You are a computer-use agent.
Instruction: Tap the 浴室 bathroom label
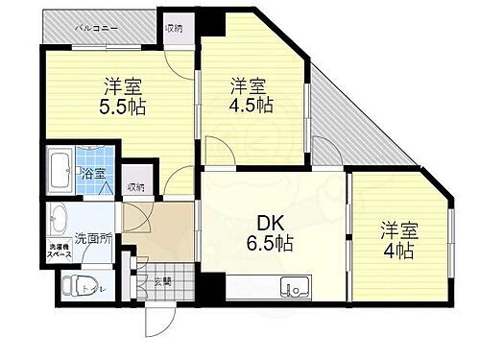pyautogui.click(x=93, y=175)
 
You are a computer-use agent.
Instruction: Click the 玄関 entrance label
pyautogui.click(x=162, y=281)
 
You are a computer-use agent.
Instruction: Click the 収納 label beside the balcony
pyautogui.click(x=174, y=27)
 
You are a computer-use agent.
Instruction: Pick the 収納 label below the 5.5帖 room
pyautogui.click(x=136, y=187)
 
